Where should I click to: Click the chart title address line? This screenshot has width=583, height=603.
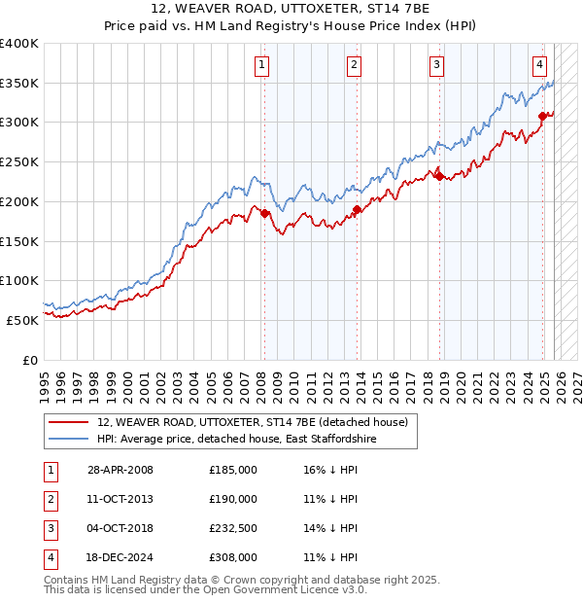click(x=291, y=9)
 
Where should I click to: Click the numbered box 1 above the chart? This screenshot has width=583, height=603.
click(x=263, y=65)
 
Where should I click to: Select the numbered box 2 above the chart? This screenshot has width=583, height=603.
click(x=354, y=65)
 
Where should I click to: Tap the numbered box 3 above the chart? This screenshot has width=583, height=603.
click(x=437, y=65)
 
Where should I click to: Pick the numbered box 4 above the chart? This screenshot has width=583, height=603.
click(x=539, y=65)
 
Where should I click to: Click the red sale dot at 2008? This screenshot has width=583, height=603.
click(x=264, y=213)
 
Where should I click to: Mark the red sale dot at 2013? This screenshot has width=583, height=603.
click(x=357, y=209)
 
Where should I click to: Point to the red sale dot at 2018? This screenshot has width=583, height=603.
click(x=439, y=175)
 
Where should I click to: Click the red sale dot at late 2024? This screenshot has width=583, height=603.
click(x=542, y=116)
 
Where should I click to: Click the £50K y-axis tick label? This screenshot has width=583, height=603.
click(x=22, y=320)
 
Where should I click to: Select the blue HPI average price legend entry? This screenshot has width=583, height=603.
click(x=236, y=440)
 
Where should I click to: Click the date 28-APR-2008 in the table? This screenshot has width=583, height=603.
click(x=120, y=470)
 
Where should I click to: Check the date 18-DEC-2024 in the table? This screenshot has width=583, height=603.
click(x=120, y=557)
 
